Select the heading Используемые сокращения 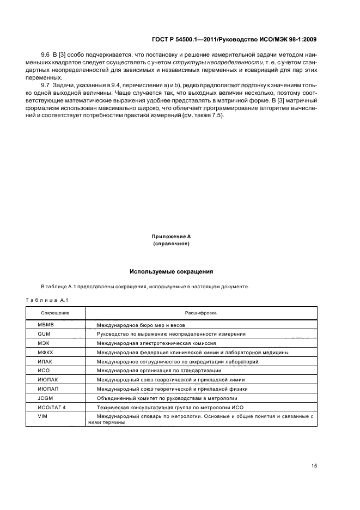[171, 271]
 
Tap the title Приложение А [171, 236]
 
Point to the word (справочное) [171, 244]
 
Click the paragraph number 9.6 [46, 56]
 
